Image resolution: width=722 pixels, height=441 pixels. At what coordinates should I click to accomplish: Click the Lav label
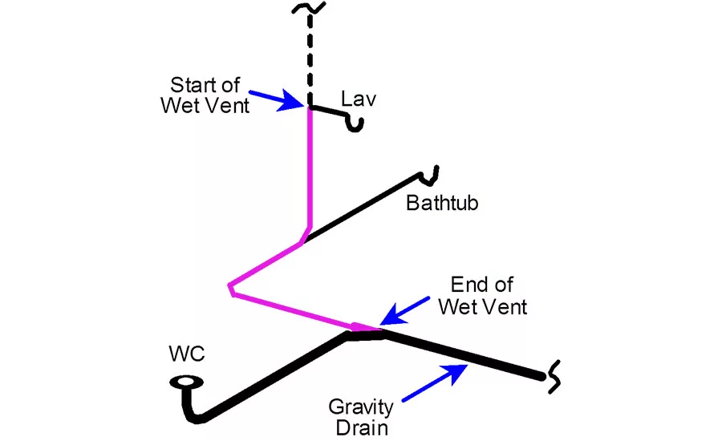(x=359, y=99)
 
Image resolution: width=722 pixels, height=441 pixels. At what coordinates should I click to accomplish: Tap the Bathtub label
(x=442, y=203)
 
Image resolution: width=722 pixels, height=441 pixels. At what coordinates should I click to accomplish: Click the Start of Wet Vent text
(x=210, y=94)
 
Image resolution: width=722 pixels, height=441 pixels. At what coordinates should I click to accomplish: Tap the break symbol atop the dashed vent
(x=309, y=9)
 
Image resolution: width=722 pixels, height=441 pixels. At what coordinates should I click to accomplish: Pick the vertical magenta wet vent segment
(x=309, y=168)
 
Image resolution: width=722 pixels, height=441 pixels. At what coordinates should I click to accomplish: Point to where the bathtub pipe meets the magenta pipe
(x=304, y=240)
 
